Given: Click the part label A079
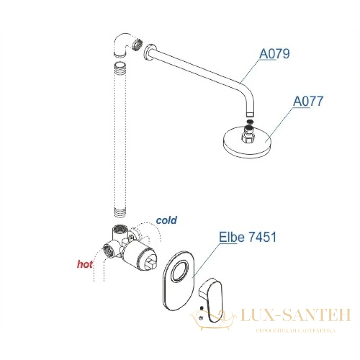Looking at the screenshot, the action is coord(274,54).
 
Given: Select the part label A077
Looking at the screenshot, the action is coord(308,101).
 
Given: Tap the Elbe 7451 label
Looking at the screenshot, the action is coord(247,237).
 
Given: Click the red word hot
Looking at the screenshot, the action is coord(85,264).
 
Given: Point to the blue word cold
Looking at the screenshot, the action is coord(166,220).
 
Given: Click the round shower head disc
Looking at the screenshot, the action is coord(247,142).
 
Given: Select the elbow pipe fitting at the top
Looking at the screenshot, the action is coord(126,45).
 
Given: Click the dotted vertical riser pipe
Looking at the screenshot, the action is coord(120,140).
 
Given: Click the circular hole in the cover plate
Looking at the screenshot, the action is coord(180,270).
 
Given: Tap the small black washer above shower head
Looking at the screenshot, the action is coord(250,121).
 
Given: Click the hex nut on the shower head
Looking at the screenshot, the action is coord(248,137).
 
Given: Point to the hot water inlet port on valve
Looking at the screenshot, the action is coord(107,250).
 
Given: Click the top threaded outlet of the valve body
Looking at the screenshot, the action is coord(120,229).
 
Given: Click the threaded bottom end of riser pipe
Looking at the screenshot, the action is coord(120,212).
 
